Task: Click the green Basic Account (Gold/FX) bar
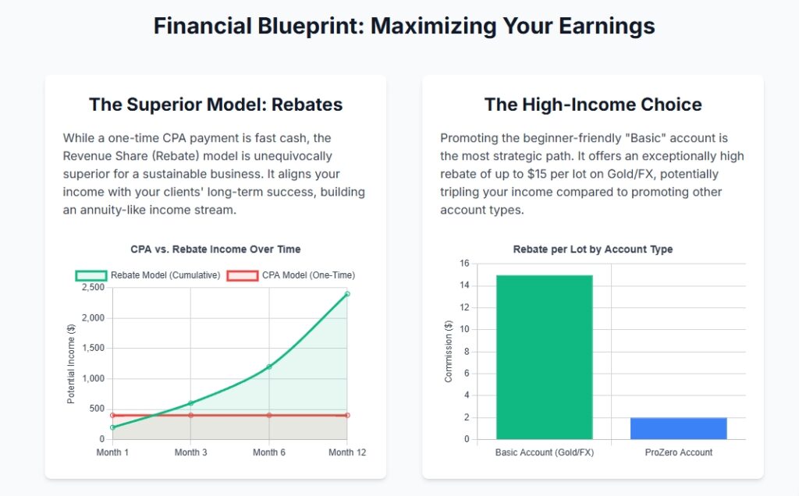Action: tap(544, 357)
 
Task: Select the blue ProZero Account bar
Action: tap(678, 428)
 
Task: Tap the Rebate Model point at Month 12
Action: tap(347, 294)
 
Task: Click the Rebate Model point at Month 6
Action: tap(269, 367)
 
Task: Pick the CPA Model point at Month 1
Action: tap(112, 416)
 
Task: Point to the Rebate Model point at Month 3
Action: tap(190, 403)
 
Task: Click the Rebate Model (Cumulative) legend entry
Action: tap(147, 275)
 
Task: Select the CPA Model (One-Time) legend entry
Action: tap(291, 275)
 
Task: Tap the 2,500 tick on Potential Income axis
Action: tap(93, 287)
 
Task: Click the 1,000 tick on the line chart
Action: tap(93, 378)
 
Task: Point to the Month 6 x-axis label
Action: tap(269, 452)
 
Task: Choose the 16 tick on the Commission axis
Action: tap(464, 264)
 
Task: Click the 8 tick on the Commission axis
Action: tap(467, 352)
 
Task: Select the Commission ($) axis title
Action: tap(449, 352)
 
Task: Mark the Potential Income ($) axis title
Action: tap(71, 363)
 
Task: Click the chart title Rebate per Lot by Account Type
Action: tap(593, 249)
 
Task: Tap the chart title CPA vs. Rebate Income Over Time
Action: tap(215, 249)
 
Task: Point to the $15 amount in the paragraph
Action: tap(537, 174)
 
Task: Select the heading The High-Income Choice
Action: tap(593, 105)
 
